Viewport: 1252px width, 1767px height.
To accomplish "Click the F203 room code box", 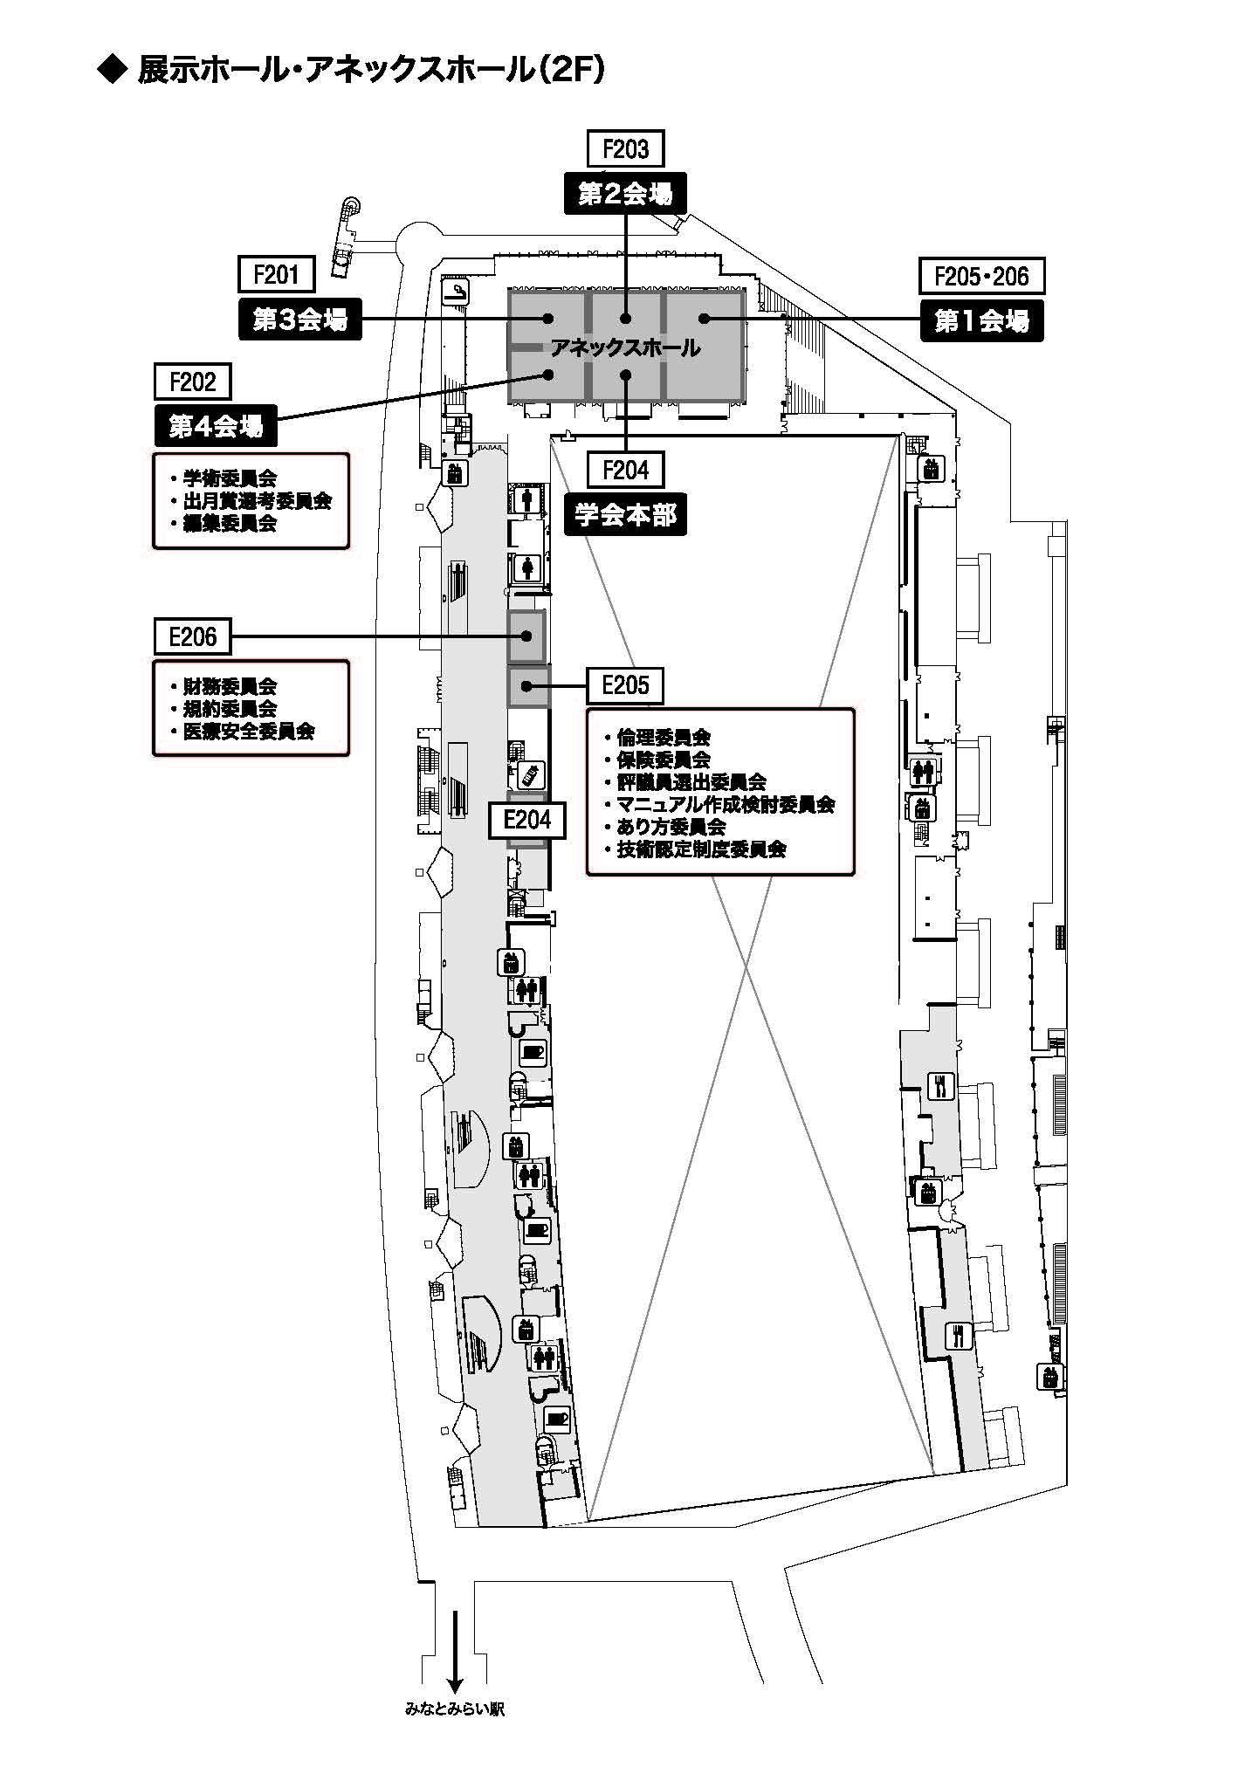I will tap(625, 149).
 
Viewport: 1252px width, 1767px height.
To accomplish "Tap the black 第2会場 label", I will tap(625, 194).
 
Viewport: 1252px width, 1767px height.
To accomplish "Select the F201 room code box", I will tap(276, 275).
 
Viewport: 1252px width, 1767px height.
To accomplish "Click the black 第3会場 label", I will tap(299, 320).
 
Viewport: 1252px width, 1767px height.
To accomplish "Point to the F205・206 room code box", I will tap(981, 276).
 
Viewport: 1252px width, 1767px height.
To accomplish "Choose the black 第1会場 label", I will tap(981, 321).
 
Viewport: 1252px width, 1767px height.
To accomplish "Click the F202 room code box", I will tap(192, 382).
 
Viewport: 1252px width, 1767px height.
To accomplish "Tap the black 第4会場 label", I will tap(215, 427).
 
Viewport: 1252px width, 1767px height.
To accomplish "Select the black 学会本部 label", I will tap(625, 516).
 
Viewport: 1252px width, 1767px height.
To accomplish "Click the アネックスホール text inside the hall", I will tap(625, 348).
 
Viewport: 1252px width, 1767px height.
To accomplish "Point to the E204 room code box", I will tap(526, 820).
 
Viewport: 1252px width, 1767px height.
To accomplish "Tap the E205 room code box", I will tap(625, 686).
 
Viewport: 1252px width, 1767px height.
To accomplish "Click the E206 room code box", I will tap(192, 636).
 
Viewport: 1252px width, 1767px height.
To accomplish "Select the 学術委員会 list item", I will tap(229, 478).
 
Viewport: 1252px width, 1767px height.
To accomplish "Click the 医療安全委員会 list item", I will tap(248, 732).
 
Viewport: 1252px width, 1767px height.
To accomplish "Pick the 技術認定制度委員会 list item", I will tap(701, 849).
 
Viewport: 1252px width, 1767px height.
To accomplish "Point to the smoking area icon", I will tap(457, 293).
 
